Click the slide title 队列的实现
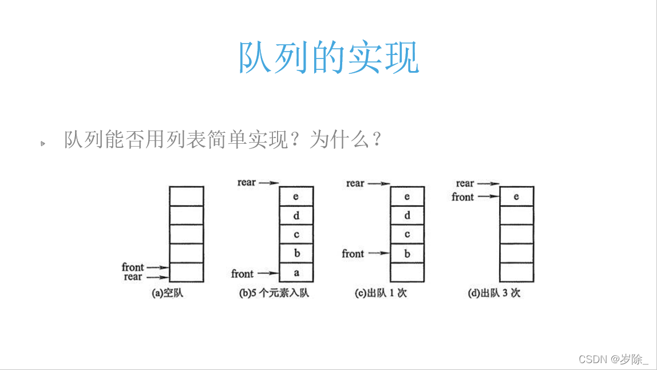click(328, 57)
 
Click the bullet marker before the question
click(42, 143)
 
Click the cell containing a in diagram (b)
click(296, 273)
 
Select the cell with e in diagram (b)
click(296, 196)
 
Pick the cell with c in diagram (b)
click(296, 234)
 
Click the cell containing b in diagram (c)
click(407, 254)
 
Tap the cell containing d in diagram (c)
click(407, 215)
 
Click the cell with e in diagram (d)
click(516, 196)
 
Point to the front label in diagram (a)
click(133, 267)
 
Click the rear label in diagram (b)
click(247, 183)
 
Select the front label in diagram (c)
click(353, 253)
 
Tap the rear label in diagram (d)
click(465, 183)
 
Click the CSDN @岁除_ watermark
click(614, 359)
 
